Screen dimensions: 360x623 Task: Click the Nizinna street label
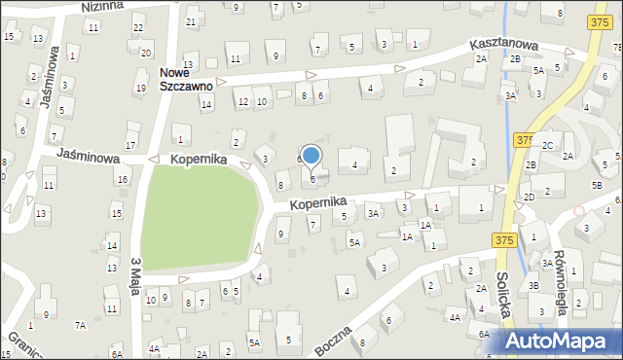click(x=102, y=6)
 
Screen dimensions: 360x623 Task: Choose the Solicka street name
click(x=502, y=306)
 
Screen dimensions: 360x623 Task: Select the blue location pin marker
click(x=311, y=156)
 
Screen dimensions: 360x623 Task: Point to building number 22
click(x=138, y=26)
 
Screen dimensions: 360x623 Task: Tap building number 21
click(x=191, y=21)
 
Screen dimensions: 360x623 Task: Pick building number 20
click(x=146, y=53)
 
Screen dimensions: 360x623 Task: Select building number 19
click(x=140, y=89)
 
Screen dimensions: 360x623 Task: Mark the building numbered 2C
click(x=547, y=145)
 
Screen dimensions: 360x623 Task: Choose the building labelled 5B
click(x=597, y=185)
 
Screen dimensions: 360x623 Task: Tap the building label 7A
click(x=81, y=324)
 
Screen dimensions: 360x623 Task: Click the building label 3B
click(x=533, y=285)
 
